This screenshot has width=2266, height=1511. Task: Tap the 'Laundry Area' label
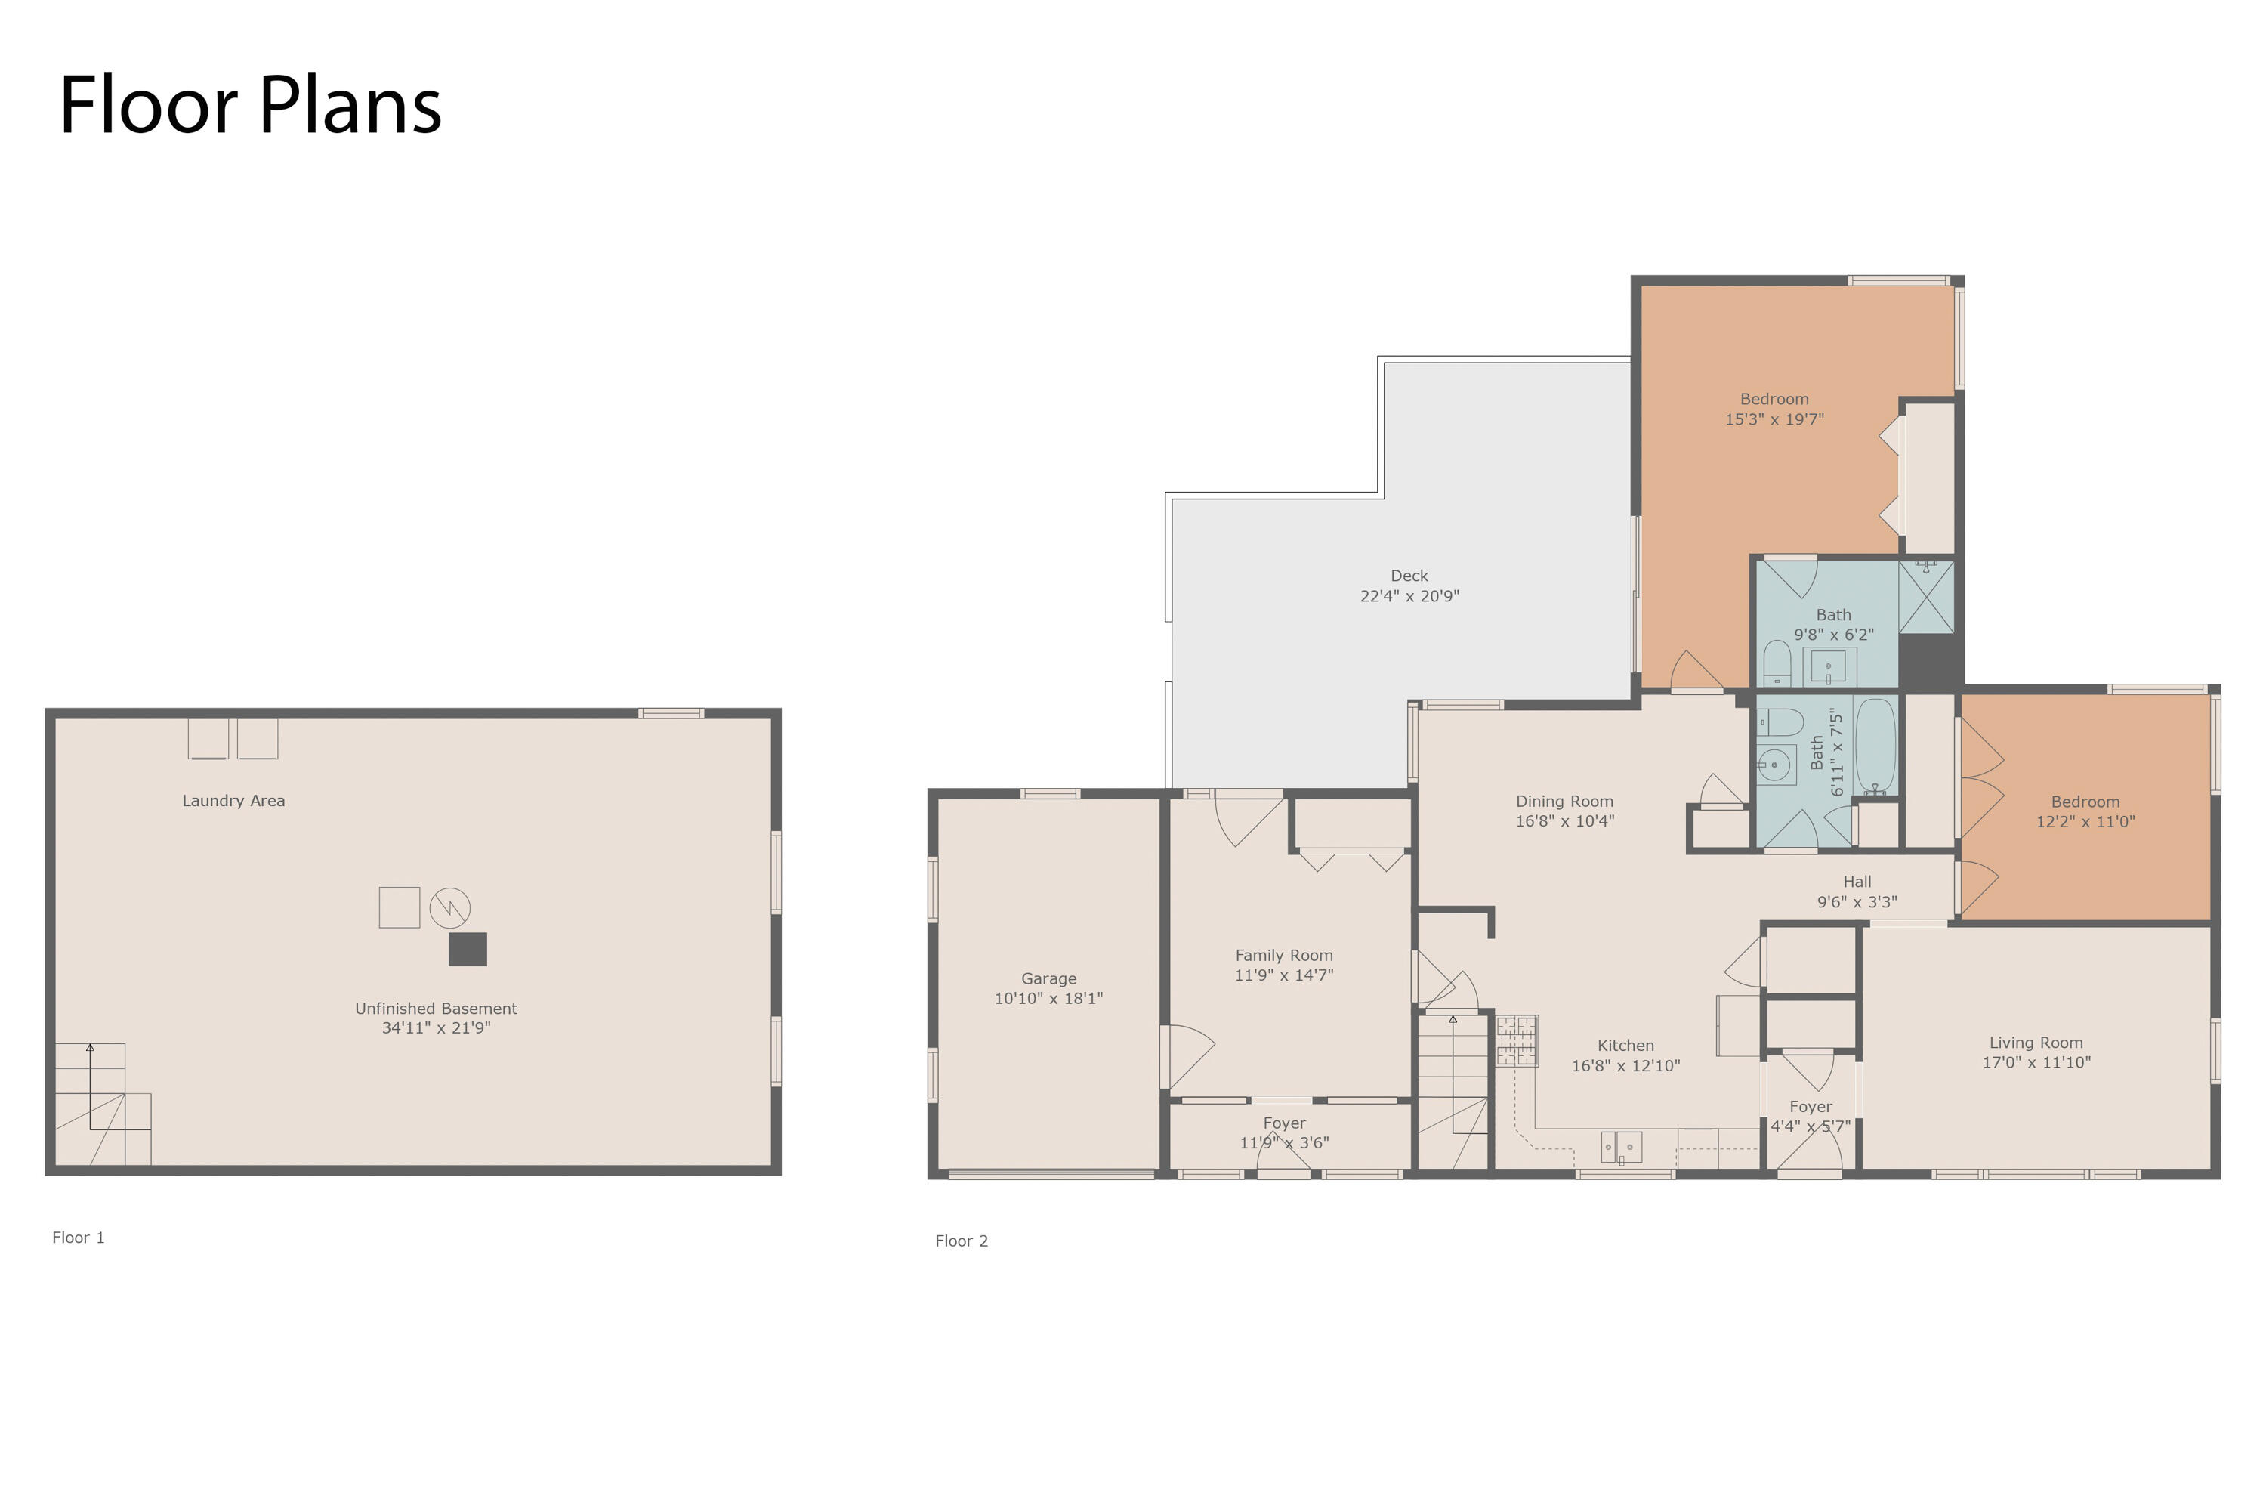click(234, 801)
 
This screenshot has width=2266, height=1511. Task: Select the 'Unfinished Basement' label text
click(437, 1009)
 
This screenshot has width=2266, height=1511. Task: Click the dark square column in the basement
click(468, 949)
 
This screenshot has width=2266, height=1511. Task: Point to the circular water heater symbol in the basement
click(450, 908)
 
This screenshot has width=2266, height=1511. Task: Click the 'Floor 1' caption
click(78, 1238)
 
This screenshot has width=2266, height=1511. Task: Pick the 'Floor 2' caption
click(962, 1241)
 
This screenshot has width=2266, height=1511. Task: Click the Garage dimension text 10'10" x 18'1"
click(1049, 998)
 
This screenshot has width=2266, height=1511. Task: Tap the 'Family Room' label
click(1284, 955)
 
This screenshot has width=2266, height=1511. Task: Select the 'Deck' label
click(1409, 575)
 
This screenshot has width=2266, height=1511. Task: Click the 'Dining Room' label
click(1564, 801)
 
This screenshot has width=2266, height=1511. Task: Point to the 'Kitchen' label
click(1626, 1046)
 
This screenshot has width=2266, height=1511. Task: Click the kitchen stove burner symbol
click(1517, 1041)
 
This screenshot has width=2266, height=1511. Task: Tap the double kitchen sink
click(1622, 1147)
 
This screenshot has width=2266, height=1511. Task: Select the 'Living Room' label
click(2036, 1043)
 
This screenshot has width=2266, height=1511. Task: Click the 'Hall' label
click(1857, 882)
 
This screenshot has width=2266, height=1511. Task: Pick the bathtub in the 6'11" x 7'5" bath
click(1875, 746)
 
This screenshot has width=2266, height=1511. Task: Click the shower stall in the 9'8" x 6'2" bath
click(1927, 598)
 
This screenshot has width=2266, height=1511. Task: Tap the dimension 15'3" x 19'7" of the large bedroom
click(1774, 419)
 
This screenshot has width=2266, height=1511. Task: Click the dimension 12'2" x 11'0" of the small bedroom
click(2085, 822)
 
